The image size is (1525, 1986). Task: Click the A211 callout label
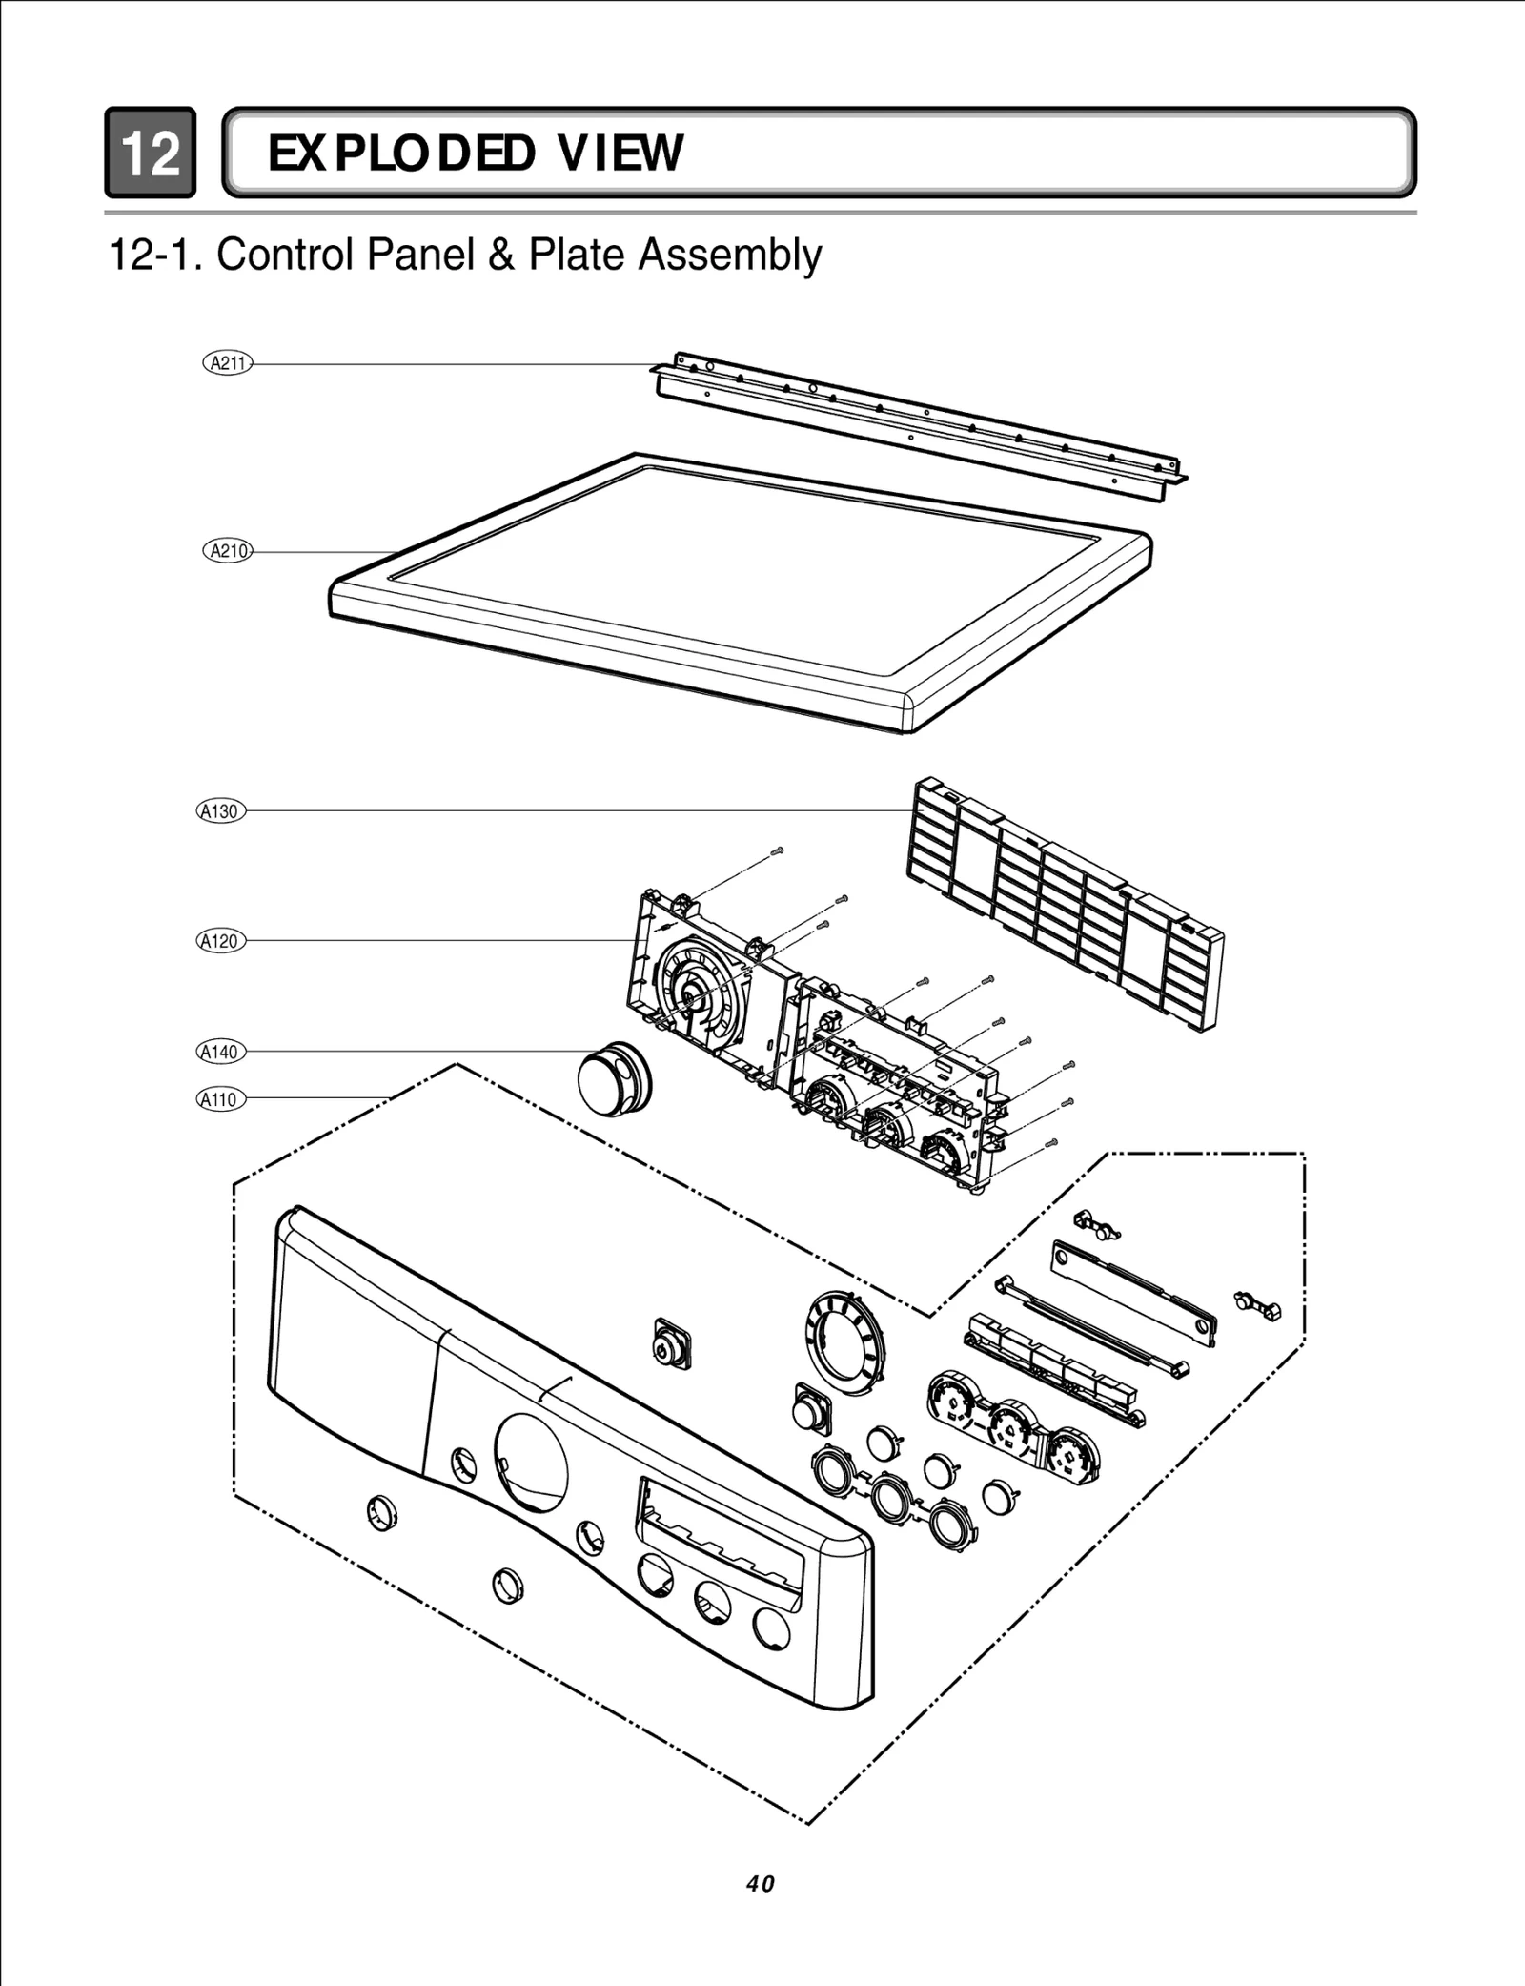(x=228, y=363)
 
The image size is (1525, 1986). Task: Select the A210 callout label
(x=228, y=551)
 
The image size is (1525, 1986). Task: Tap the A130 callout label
(x=221, y=811)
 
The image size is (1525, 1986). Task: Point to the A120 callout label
(x=221, y=941)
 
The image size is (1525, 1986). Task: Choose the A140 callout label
(x=221, y=1052)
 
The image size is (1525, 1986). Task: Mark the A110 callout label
(x=221, y=1099)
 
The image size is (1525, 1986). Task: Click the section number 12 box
(x=151, y=153)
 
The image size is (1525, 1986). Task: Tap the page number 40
(x=762, y=1884)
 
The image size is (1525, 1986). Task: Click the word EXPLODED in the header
(x=400, y=153)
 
